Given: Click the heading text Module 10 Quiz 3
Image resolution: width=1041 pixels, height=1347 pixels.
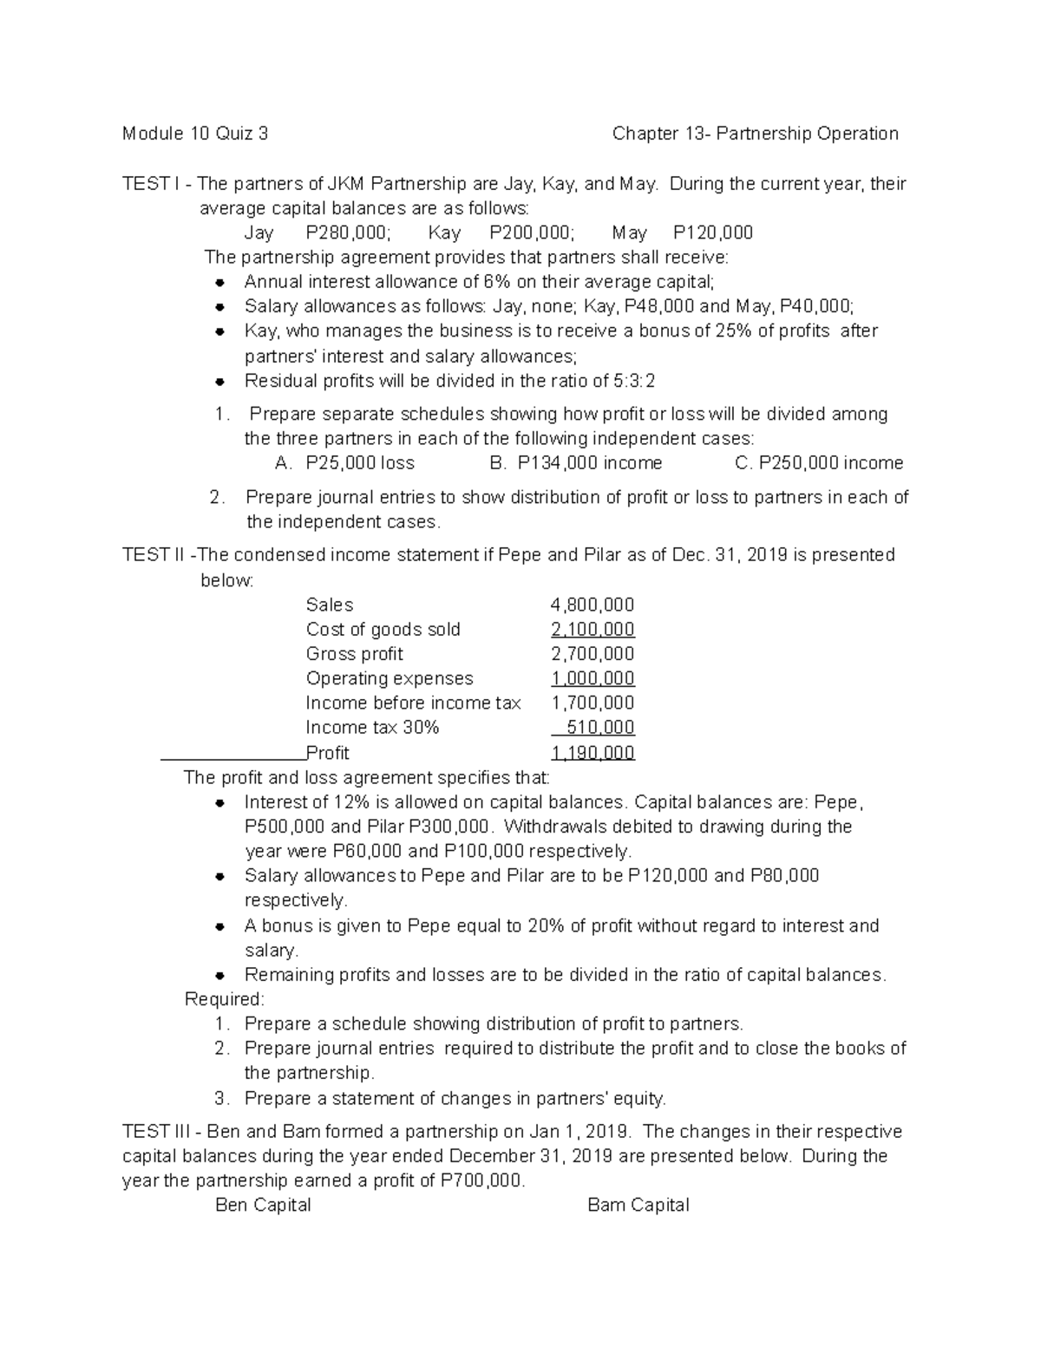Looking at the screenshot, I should [195, 134].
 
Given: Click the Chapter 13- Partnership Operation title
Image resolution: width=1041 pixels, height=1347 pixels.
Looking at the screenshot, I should [755, 134].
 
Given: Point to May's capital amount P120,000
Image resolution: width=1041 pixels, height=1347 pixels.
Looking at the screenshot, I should [712, 232].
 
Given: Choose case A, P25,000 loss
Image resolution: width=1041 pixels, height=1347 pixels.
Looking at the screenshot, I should [344, 463].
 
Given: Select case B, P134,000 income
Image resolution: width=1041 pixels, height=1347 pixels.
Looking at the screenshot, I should [576, 463].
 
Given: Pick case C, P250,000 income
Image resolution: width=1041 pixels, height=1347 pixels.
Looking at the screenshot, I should [819, 463].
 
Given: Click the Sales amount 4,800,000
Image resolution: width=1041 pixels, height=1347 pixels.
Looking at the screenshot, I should [593, 605].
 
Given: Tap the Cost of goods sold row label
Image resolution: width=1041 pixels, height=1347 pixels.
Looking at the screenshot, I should [383, 630].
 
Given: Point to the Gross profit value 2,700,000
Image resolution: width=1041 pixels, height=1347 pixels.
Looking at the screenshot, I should [593, 654].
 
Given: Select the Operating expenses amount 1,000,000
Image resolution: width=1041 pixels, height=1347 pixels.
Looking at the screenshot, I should [593, 678].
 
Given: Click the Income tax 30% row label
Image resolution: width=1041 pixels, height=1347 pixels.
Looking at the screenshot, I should [372, 728].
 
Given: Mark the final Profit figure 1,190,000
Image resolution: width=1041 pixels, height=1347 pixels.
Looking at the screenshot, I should [593, 753].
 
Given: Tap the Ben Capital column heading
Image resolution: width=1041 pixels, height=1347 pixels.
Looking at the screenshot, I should [263, 1205].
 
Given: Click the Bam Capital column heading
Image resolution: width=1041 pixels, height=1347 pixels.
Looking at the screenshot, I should [638, 1205].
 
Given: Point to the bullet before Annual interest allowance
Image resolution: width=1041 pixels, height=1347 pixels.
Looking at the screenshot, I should [220, 282].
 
